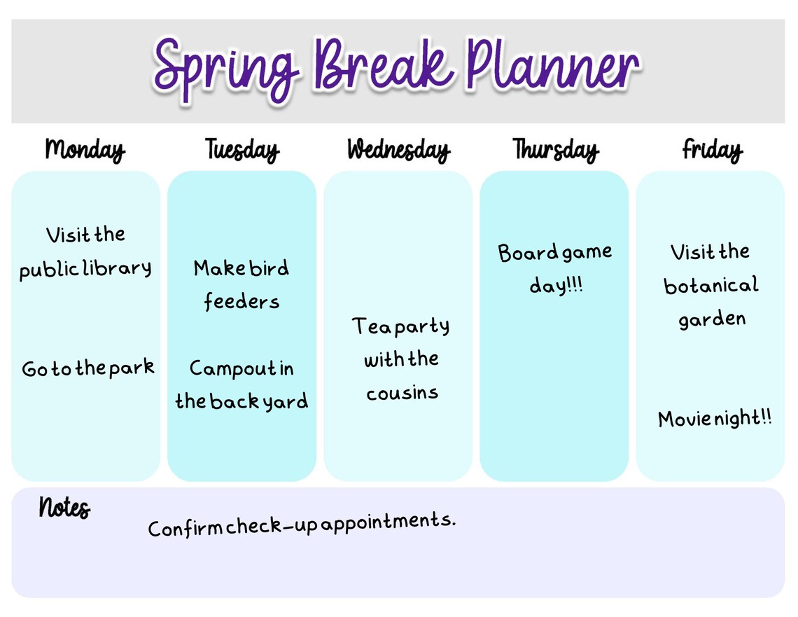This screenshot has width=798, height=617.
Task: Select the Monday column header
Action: coord(85,150)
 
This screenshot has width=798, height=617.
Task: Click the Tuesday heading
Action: coord(241,150)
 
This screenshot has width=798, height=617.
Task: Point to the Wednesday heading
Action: coord(398,150)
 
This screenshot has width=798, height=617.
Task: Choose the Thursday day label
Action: coord(555,150)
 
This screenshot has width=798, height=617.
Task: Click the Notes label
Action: coord(64,507)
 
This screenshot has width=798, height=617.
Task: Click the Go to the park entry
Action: coord(87,368)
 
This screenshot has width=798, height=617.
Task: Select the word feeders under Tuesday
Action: coord(241,302)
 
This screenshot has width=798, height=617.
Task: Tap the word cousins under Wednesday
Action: coord(402,393)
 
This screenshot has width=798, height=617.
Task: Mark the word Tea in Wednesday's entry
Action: coord(369,326)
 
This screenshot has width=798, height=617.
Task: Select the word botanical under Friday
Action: coord(710,286)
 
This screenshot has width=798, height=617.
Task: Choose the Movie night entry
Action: coord(715,419)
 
